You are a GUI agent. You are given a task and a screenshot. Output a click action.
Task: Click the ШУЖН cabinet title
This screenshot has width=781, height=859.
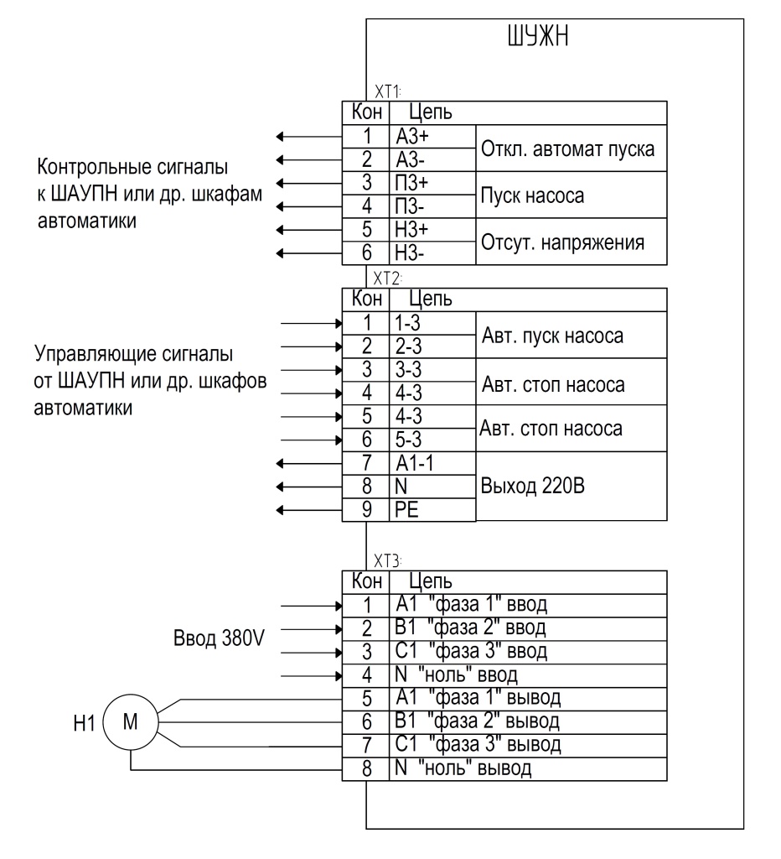[x=538, y=37]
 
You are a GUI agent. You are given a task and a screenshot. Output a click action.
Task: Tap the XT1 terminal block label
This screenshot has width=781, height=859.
[x=387, y=91]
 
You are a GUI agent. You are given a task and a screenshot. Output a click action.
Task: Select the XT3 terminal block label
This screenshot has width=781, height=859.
[x=387, y=561]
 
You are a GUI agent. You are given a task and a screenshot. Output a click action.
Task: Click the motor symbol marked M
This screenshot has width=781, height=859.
[x=130, y=721]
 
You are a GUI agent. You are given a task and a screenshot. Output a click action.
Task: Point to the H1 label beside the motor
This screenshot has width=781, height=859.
[x=85, y=723]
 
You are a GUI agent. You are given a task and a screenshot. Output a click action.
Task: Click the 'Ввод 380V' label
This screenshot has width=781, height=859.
[x=219, y=638]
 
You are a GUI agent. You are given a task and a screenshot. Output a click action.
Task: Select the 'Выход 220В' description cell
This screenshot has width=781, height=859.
[x=572, y=486]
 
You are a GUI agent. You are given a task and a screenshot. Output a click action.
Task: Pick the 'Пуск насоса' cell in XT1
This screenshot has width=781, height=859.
[x=572, y=195]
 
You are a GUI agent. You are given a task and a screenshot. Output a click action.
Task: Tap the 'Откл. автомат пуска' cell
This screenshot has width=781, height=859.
[x=572, y=148]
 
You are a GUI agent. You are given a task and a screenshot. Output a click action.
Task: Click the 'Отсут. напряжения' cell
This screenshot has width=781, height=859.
[x=572, y=242]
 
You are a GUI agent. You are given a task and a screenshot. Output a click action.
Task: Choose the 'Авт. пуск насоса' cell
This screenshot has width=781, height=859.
[x=572, y=335]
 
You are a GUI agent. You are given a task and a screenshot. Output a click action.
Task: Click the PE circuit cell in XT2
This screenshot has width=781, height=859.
[x=432, y=509]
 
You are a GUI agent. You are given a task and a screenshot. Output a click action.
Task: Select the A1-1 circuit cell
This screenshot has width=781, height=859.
[x=432, y=463]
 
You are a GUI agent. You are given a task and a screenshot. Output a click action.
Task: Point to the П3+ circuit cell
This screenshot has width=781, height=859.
[x=432, y=183]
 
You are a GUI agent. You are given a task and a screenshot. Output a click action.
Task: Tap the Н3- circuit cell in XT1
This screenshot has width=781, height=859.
[x=432, y=253]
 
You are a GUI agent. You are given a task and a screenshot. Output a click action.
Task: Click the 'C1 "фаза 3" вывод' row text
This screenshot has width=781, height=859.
[x=478, y=744]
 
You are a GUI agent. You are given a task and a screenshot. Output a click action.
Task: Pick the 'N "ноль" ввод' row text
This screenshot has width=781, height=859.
[x=456, y=674]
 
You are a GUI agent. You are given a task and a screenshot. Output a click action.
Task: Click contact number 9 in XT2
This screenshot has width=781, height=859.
[x=367, y=509]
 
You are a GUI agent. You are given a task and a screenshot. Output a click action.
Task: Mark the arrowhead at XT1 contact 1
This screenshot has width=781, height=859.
[x=280, y=137]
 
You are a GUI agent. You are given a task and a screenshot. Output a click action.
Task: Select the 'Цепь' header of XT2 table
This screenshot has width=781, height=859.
[x=431, y=299]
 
